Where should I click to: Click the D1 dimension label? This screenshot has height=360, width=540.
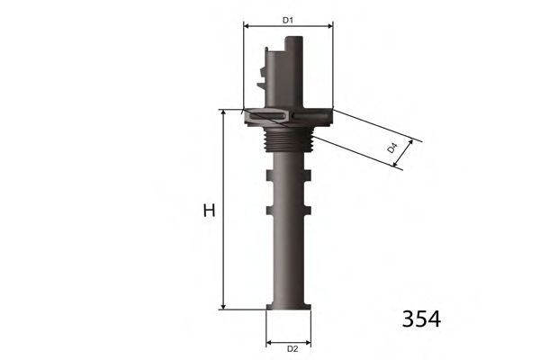pos(288,21)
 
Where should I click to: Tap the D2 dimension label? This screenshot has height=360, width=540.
pos(292,349)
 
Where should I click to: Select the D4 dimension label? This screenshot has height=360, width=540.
pos(392,148)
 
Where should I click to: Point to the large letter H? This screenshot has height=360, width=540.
pos(209,211)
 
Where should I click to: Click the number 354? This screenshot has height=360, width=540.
pos(421,319)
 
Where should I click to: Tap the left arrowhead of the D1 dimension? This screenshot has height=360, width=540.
pos(247,26)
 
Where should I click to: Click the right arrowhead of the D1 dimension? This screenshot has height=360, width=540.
pos(330,26)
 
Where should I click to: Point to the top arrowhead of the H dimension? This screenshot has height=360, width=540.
pos(223,113)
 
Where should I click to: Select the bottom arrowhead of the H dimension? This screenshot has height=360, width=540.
pos(223,306)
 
